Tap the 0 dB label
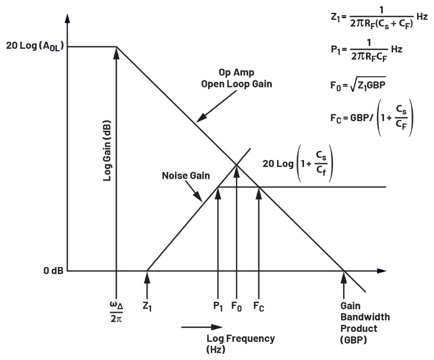pos(53,271)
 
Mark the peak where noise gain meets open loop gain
pos(236,164)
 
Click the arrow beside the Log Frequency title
pos(203,326)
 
